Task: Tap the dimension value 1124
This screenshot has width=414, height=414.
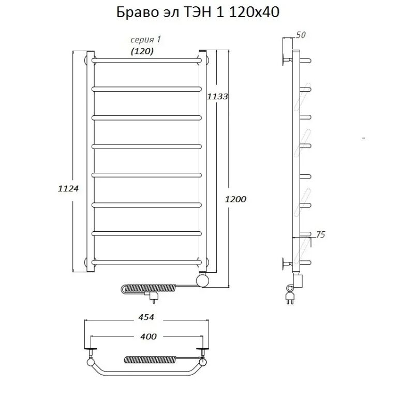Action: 68,189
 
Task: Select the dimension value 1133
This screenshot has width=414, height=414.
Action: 217,96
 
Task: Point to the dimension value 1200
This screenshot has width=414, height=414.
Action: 236,199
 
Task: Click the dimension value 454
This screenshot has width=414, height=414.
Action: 146,317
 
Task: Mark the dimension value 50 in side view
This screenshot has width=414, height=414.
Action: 300,35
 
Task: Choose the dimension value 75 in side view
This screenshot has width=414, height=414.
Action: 320,235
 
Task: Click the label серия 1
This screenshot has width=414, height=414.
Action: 142,40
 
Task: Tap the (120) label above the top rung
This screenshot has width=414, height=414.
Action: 141,51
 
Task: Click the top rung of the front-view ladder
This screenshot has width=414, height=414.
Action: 146,61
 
